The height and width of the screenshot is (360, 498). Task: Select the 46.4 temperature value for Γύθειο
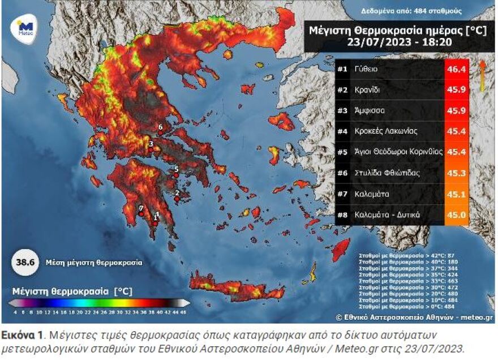[x=456, y=69]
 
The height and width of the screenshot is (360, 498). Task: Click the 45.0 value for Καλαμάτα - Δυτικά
[x=456, y=215]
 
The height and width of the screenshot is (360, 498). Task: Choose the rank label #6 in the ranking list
[x=342, y=173]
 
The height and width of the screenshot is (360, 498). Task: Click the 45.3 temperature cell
[x=456, y=173]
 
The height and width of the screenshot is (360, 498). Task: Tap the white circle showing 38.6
[x=22, y=263]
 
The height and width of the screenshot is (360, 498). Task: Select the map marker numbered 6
[x=161, y=127]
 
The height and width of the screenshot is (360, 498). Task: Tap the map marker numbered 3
[x=151, y=144]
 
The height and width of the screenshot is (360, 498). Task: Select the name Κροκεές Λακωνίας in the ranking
[x=386, y=131]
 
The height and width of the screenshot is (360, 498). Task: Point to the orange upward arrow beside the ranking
[x=482, y=76]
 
